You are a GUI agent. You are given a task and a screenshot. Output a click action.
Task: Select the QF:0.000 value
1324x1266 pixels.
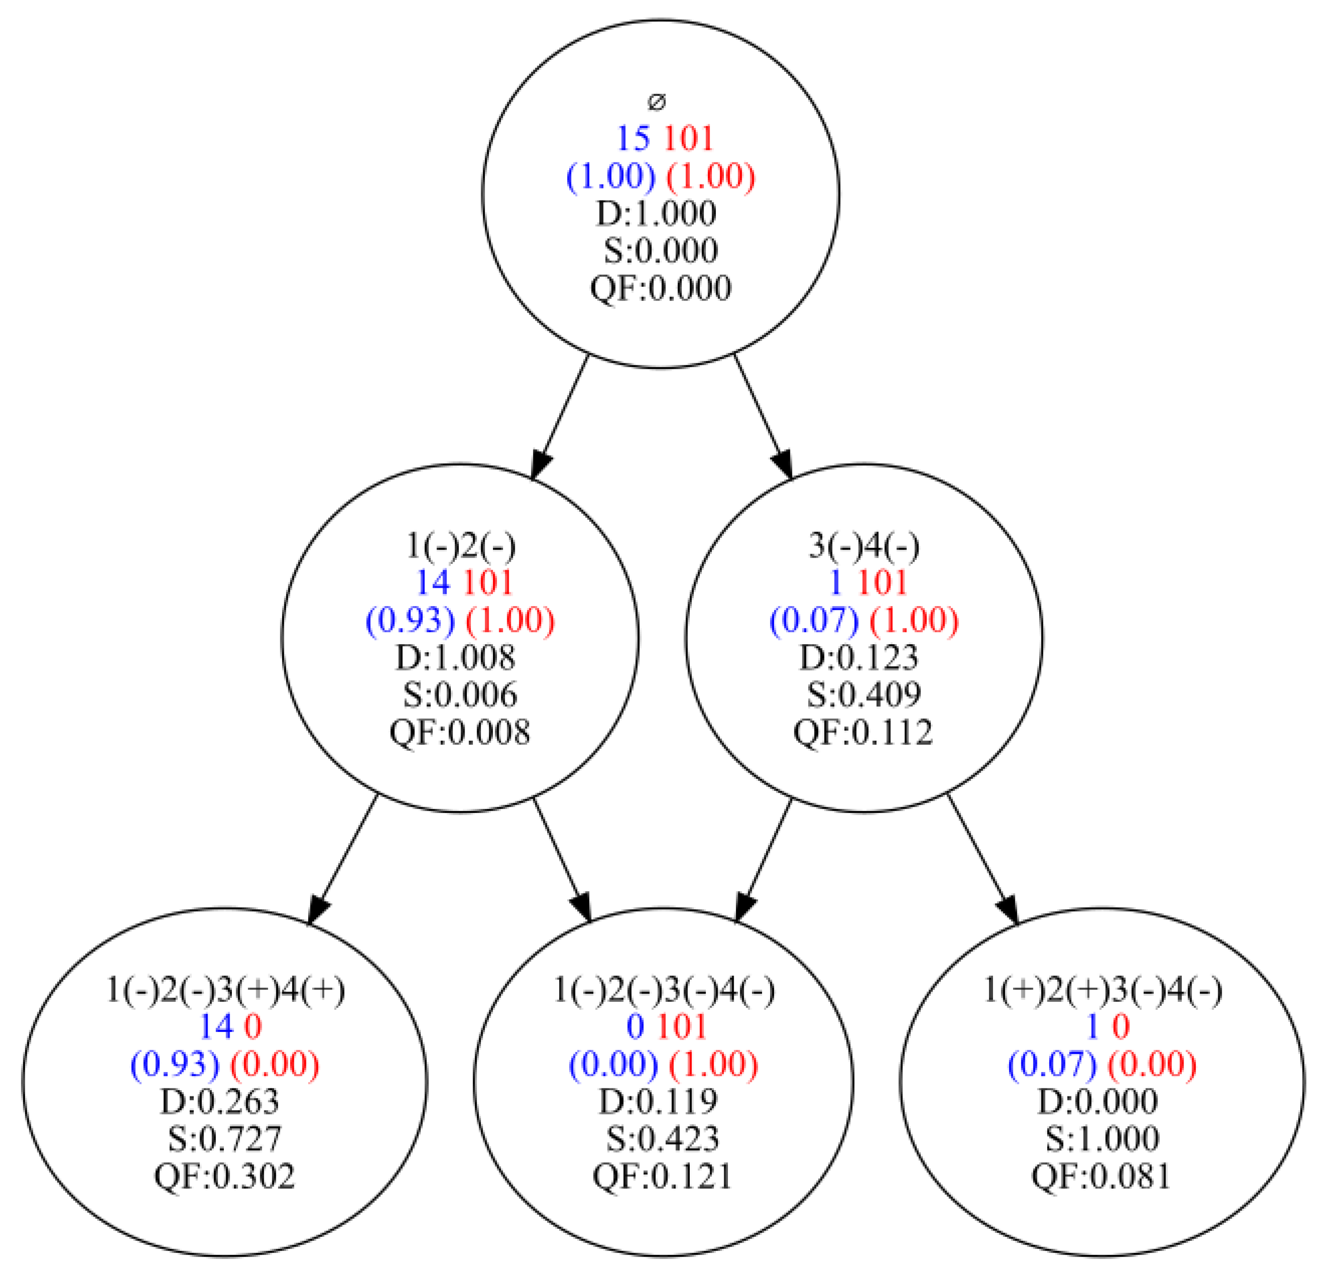tap(661, 288)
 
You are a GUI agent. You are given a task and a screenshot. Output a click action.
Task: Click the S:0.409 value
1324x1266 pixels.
tap(864, 694)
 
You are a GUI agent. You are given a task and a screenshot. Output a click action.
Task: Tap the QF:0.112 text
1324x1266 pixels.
tap(863, 732)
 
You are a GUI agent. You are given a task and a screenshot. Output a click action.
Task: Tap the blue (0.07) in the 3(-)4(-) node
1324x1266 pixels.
tap(814, 620)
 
